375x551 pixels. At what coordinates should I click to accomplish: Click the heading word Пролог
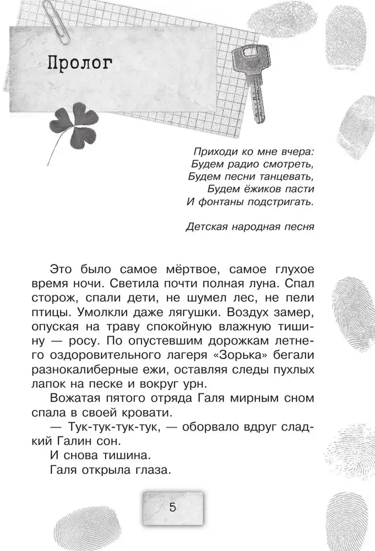click(80, 62)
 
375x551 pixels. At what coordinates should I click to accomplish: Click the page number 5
click(172, 507)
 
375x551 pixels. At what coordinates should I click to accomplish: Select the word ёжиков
click(260, 189)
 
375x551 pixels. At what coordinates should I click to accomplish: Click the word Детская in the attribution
click(208, 226)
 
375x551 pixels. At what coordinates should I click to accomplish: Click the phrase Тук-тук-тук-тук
click(112, 427)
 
